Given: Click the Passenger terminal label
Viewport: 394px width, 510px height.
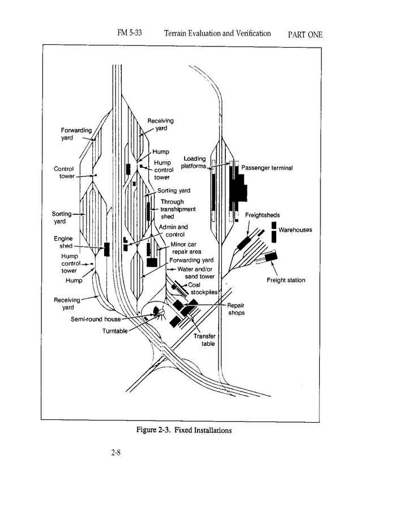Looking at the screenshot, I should (267, 168).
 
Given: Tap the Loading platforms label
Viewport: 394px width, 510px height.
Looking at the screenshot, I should (194, 163).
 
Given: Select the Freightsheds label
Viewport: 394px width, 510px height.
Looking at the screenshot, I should (262, 215).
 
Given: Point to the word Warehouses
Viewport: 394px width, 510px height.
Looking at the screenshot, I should (295, 230).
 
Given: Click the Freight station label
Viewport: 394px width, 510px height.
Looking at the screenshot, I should (286, 280).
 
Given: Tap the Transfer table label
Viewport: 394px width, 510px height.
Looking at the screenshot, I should (204, 339).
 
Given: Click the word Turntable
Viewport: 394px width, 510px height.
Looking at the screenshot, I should (115, 331).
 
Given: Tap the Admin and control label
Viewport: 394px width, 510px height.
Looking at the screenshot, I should (174, 231).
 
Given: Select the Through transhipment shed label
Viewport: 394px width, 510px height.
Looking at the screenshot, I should (178, 209).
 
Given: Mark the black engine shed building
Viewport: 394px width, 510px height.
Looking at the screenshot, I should (106, 249).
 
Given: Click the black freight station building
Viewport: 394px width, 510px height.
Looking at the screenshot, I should (271, 257).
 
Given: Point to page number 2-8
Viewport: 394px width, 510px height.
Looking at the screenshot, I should (116, 452).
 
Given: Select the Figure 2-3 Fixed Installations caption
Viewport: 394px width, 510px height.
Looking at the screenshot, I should (185, 430).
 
